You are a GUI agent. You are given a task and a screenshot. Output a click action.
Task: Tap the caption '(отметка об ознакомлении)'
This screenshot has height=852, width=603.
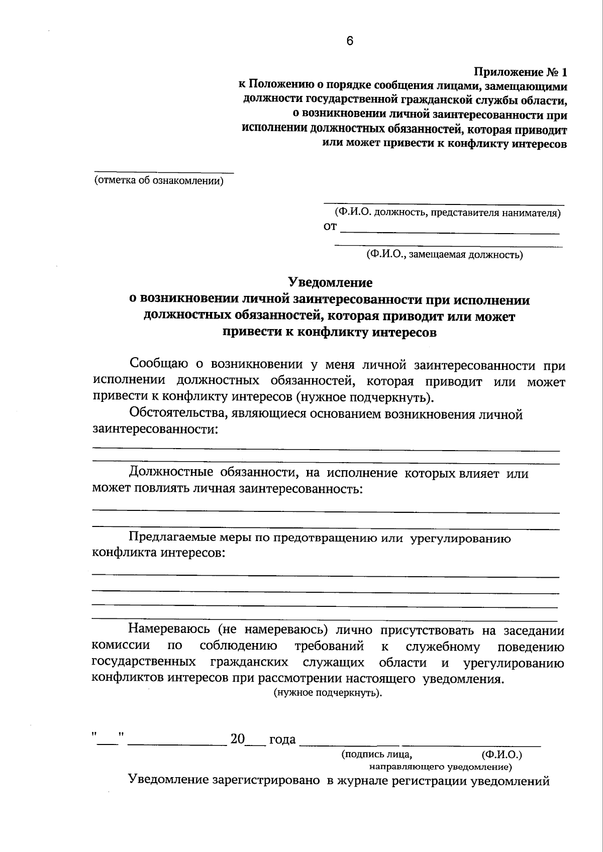click(159, 181)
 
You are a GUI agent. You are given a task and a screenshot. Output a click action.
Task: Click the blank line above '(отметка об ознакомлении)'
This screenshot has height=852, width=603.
click(164, 172)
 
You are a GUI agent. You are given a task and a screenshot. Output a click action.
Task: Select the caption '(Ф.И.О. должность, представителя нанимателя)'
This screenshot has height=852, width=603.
click(444, 212)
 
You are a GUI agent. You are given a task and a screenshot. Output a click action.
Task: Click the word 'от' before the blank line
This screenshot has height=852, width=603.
click(330, 227)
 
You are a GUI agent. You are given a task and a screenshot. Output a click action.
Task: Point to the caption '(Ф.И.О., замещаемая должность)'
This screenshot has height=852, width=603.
click(445, 254)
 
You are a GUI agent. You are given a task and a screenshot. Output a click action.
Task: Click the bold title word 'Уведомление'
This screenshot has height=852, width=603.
click(330, 283)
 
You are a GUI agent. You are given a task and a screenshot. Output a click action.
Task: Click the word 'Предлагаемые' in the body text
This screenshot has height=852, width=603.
click(173, 539)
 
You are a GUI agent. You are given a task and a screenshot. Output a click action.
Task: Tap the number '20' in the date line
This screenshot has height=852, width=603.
click(237, 739)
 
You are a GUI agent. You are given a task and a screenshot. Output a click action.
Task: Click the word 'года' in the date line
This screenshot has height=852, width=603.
click(282, 740)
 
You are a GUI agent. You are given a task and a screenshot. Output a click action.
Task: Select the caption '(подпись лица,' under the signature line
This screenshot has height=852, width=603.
click(377, 754)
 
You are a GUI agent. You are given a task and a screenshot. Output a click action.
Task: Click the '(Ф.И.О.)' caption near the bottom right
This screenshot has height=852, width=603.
click(501, 754)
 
